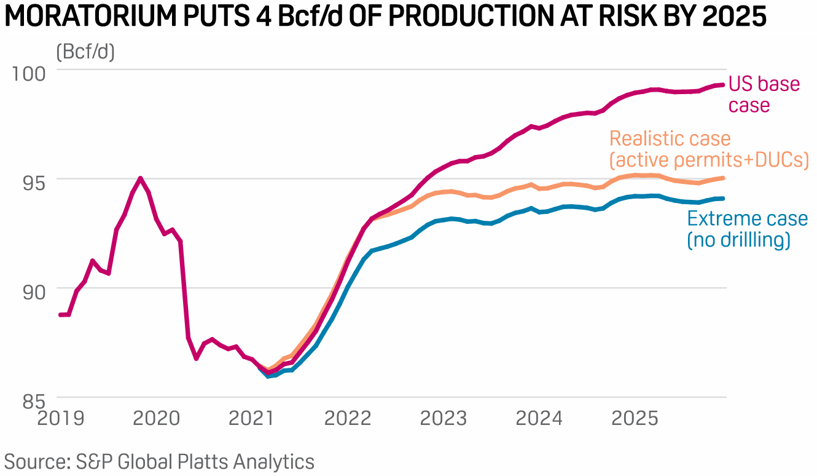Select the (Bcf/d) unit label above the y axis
(85, 52)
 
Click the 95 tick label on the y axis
(34, 183)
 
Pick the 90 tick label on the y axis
(34, 292)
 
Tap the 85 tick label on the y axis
(34, 402)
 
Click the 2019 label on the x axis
(61, 418)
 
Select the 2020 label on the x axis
(157, 418)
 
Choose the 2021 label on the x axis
(251, 418)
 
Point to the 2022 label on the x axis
(348, 418)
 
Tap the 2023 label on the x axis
(444, 418)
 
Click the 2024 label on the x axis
(539, 418)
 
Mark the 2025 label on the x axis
(635, 418)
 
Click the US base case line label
(764, 95)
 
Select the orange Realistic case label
(709, 149)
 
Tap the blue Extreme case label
(748, 229)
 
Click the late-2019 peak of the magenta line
(140, 178)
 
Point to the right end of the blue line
(722, 199)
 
